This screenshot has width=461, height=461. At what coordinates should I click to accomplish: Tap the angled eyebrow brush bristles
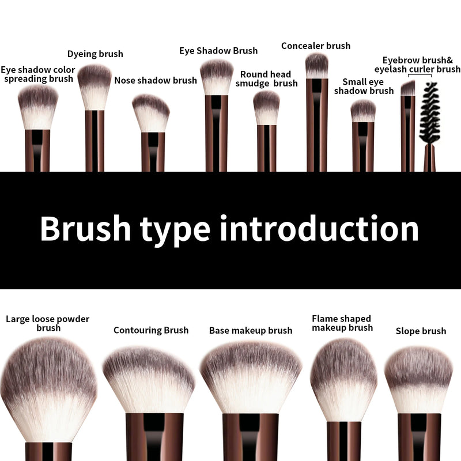(408, 88)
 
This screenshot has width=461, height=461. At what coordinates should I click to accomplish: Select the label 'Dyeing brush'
(95, 54)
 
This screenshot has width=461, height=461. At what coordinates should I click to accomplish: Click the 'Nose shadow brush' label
(156, 80)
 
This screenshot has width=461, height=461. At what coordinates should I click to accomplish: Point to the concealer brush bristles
(316, 66)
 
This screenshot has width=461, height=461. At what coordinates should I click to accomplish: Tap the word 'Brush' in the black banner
(86, 229)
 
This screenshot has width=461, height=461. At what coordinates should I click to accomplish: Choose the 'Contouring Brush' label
(151, 330)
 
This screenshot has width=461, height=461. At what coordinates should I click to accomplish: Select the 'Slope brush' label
(421, 331)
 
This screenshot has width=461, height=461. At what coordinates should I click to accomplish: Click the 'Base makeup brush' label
(251, 331)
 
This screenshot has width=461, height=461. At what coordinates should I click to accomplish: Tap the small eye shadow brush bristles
(363, 111)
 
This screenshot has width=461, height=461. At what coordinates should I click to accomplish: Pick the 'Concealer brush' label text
(316, 46)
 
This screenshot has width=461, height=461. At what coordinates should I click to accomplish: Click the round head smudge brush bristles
(266, 107)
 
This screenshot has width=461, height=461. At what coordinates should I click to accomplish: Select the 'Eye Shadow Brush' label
(218, 51)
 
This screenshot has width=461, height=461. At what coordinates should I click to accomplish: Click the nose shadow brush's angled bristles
(151, 113)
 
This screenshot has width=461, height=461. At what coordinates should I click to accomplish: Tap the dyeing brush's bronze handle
(95, 141)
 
